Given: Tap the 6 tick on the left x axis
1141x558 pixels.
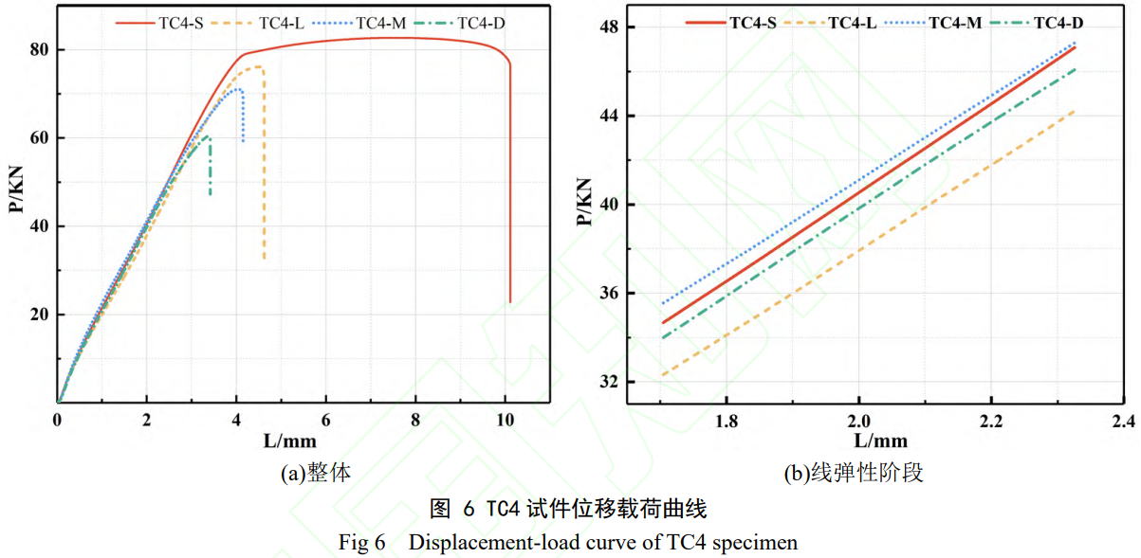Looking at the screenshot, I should click(326, 420).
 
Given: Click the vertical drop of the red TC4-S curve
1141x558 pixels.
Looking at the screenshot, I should click(510, 189).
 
